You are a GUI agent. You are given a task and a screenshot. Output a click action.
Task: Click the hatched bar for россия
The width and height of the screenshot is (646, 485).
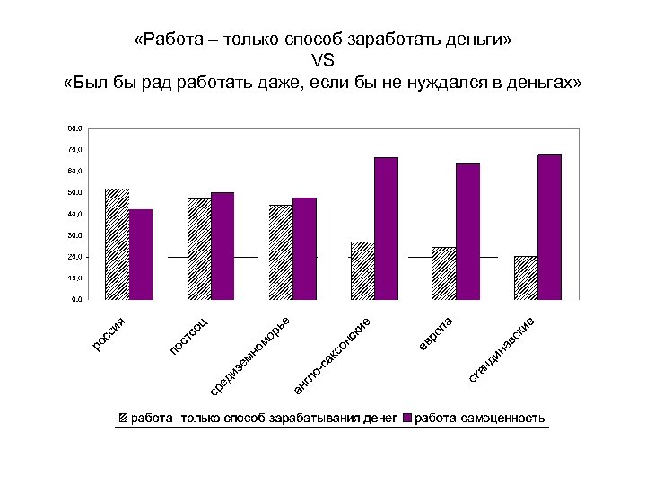click(118, 243)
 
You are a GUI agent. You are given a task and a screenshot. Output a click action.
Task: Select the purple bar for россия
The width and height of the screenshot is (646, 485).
click(141, 254)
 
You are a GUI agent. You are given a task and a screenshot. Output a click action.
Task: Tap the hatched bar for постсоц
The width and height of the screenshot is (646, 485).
click(199, 249)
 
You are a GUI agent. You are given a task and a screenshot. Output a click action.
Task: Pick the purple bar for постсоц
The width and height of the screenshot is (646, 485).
click(223, 245)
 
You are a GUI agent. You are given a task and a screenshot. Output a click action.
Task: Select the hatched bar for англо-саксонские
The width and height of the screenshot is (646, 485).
click(362, 270)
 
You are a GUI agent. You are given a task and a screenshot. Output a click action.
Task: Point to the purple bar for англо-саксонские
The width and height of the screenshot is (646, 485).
click(386, 228)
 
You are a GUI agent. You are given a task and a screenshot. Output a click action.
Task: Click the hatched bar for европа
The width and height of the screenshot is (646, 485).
click(444, 273)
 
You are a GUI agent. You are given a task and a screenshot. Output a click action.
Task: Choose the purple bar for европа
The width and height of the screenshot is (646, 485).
click(467, 231)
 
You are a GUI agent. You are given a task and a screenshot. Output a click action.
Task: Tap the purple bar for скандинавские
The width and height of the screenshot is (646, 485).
click(549, 227)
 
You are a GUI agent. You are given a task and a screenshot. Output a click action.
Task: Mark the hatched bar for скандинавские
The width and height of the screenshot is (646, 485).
click(526, 278)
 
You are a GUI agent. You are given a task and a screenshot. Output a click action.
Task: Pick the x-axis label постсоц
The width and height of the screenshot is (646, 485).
click(189, 334)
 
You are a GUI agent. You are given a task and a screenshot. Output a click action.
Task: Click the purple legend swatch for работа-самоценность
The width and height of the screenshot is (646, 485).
click(407, 419)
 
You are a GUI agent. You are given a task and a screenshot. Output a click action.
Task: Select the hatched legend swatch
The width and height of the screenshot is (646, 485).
click(123, 419)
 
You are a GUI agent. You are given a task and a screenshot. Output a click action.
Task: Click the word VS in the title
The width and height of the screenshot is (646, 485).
click(322, 61)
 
